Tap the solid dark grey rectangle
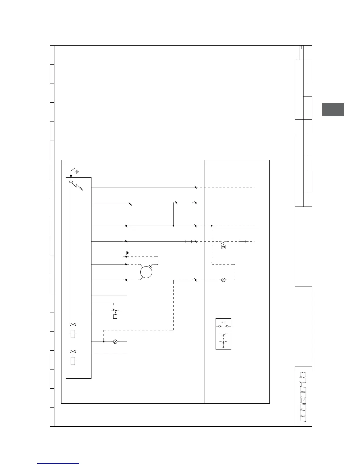point(333,109)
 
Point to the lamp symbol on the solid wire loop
point(115,342)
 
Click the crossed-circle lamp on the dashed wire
point(223,280)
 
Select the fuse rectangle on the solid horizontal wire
point(189,241)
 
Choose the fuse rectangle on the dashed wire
point(243,241)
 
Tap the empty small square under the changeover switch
point(115,317)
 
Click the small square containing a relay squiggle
point(224,247)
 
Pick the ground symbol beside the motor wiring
point(127,253)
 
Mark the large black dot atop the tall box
point(71,176)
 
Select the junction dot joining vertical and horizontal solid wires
point(173,226)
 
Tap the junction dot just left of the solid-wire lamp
point(104,342)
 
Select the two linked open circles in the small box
point(223,326)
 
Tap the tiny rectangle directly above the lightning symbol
point(71,182)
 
